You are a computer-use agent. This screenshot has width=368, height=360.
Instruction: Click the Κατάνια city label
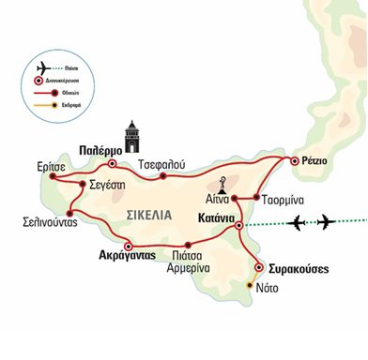pyautogui.click(x=209, y=217)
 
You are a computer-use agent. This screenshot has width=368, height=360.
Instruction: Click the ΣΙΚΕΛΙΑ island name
pyautogui.click(x=148, y=215)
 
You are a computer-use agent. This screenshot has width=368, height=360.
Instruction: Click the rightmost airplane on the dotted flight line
pyautogui.click(x=326, y=221)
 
